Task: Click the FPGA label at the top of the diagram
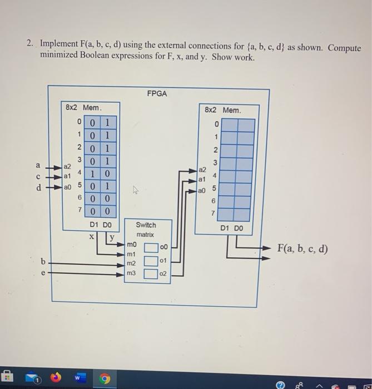(x=157, y=94)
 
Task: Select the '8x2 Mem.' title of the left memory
(x=83, y=107)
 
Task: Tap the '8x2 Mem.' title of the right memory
(x=223, y=110)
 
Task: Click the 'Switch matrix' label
(x=146, y=229)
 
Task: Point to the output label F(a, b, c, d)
(x=302, y=248)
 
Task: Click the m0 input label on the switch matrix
(x=131, y=245)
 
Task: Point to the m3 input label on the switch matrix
(x=131, y=273)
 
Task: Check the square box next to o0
(x=151, y=247)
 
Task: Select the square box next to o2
(x=151, y=273)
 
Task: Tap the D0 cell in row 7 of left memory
(x=108, y=212)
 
